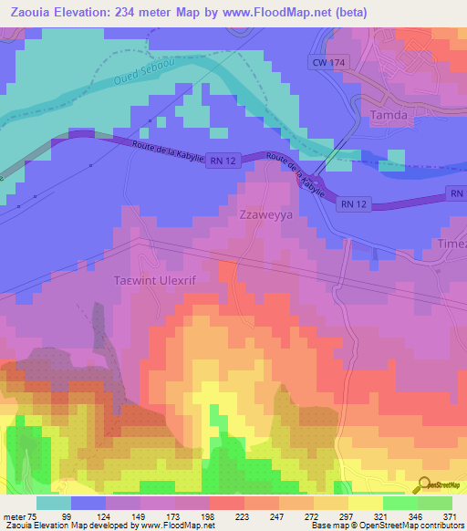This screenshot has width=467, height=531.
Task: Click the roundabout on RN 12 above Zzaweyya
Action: tap(316, 181)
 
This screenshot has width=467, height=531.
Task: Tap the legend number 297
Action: tap(348, 515)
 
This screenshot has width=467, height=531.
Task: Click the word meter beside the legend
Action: tap(16, 515)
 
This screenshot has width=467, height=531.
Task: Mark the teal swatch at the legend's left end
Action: tap(54, 503)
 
